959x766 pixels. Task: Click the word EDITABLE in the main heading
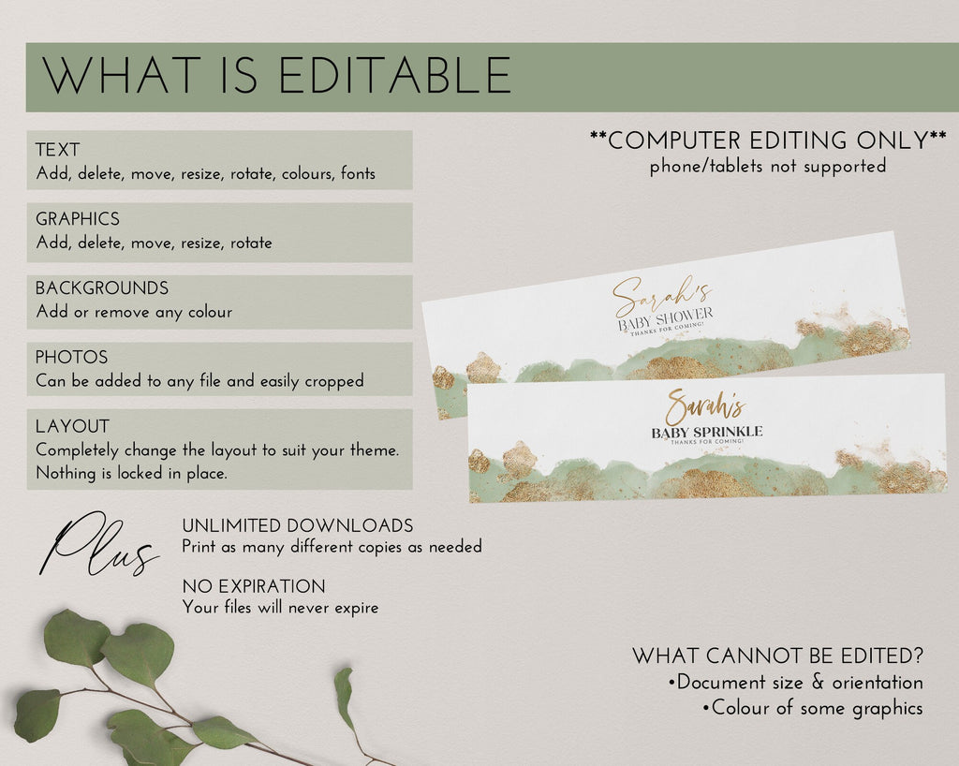394,75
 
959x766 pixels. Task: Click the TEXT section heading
57,150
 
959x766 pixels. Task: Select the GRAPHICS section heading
78,219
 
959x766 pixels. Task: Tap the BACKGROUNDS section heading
102,287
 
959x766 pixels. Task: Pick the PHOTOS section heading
71,357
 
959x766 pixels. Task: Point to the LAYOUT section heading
73,426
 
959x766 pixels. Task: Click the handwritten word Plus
97,545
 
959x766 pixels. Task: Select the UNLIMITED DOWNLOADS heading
298,525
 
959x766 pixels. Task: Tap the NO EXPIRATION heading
254,586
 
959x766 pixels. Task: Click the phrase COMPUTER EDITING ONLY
768,140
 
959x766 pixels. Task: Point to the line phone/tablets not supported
768,167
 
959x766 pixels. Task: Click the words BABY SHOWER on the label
666,319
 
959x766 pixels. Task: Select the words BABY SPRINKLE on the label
707,433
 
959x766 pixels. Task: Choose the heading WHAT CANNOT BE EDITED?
778,656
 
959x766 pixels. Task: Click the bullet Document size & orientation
796,683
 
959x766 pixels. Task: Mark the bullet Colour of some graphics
813,708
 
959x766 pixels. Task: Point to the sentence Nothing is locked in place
131,473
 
